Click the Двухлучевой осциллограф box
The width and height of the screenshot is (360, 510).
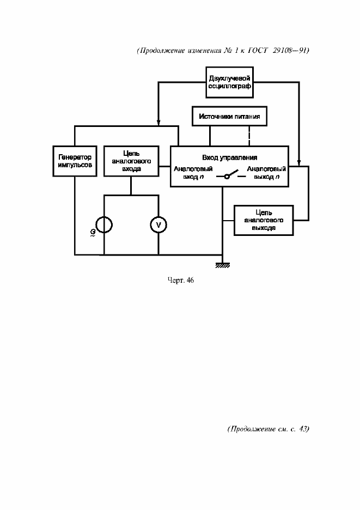(229, 82)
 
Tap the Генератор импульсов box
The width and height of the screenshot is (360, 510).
(75, 161)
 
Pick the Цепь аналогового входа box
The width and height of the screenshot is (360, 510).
(131, 161)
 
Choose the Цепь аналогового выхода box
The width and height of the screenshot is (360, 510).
(264, 220)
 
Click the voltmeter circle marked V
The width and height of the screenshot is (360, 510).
(158, 224)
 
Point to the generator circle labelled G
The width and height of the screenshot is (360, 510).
(103, 224)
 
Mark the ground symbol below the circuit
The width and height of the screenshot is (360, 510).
(222, 265)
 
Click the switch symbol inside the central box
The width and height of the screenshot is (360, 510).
(229, 176)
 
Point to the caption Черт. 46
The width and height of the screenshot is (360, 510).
(180, 280)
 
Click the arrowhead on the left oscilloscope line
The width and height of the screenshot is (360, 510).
(158, 122)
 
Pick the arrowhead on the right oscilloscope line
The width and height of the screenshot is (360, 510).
(299, 162)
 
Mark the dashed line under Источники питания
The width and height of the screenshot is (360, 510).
(249, 136)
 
